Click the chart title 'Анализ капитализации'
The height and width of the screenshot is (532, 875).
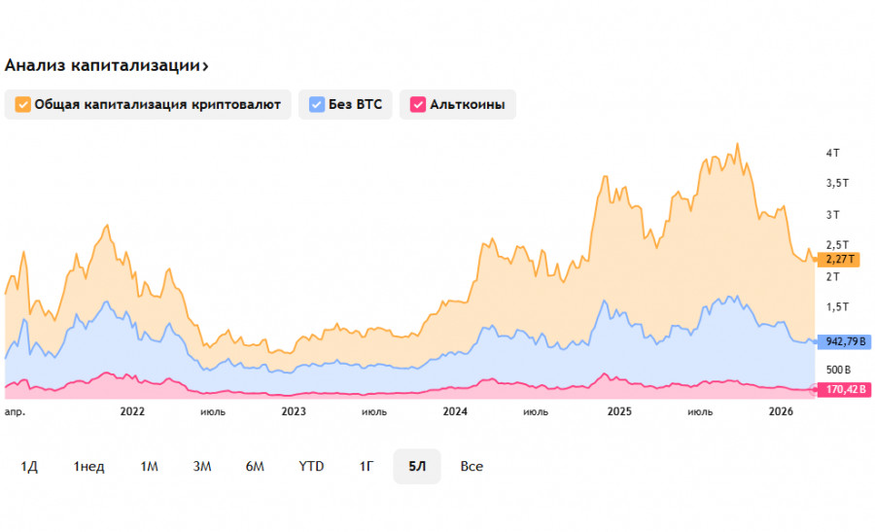pos(105,65)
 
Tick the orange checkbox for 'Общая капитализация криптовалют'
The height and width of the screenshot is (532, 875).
pos(22,104)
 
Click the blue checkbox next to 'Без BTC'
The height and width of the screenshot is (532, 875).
pos(317,104)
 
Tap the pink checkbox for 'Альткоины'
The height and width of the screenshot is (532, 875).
pos(418,104)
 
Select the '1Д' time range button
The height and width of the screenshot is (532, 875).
pos(29,467)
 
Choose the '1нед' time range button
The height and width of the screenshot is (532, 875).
pos(88,467)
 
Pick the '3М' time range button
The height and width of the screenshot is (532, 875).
pos(202,467)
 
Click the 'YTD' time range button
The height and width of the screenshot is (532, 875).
pos(311,467)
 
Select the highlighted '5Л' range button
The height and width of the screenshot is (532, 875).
pos(417,467)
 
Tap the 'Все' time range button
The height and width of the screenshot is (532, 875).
pos(472,467)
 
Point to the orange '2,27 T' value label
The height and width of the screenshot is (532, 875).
pos(838,260)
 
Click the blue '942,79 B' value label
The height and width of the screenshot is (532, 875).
pos(844,341)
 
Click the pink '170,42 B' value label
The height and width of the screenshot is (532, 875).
pos(844,390)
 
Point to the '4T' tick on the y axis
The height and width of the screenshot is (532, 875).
pos(832,154)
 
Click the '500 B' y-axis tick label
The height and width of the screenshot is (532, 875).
pos(839,370)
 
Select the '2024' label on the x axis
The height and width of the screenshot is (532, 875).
pos(455,411)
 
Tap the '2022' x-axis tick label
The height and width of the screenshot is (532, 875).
pos(132,411)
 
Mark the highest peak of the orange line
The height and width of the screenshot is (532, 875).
pos(738,144)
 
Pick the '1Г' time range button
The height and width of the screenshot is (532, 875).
pos(367,467)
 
